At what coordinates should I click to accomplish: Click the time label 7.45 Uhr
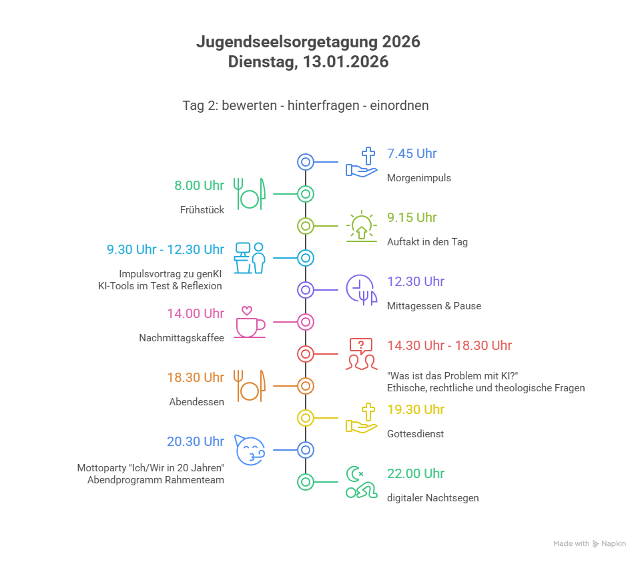click(x=412, y=154)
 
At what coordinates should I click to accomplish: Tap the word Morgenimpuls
click(x=418, y=178)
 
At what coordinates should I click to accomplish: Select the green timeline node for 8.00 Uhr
click(x=305, y=194)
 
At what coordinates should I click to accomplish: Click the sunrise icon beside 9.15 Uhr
click(x=361, y=226)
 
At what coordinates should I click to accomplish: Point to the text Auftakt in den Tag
click(x=427, y=242)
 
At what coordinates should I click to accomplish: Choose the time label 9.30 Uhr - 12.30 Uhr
click(x=166, y=250)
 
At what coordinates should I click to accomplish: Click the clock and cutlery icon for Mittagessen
click(x=361, y=290)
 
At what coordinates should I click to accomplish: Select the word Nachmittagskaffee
click(x=182, y=338)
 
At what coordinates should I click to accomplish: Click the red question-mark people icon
click(x=361, y=354)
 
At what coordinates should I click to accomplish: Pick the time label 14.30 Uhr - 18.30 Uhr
click(x=449, y=346)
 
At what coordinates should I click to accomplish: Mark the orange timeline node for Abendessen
click(x=305, y=386)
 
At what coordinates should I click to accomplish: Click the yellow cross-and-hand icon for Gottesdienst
click(x=361, y=418)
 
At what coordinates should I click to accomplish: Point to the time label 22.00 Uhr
click(x=415, y=474)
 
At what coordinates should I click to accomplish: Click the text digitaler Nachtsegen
click(x=432, y=498)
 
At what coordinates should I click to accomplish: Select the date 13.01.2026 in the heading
click(x=345, y=62)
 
